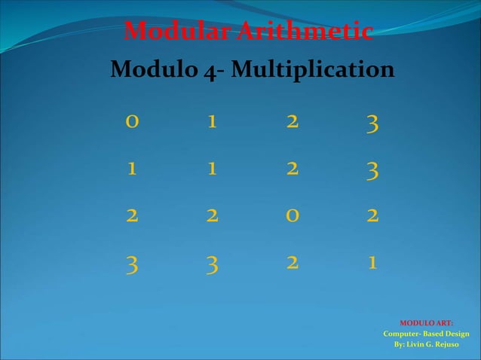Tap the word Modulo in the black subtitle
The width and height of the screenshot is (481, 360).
pos(154,71)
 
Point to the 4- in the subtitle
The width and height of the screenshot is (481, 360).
pos(214,72)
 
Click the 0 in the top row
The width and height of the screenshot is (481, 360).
pos(133,123)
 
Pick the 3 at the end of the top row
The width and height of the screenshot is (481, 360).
pos(370,124)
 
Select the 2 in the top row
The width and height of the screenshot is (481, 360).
pos(291,123)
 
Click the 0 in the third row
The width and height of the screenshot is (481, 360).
pos(291,216)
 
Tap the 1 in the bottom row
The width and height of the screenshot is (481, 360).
pos(370,263)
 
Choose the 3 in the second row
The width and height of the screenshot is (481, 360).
pos(370,172)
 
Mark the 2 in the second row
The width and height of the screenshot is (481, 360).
pos(291,169)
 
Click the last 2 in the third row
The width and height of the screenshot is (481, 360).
pos(370,216)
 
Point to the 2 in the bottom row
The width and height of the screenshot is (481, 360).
pos(291,263)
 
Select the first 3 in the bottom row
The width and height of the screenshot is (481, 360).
pos(133,265)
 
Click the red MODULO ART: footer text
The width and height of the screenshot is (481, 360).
pos(426,323)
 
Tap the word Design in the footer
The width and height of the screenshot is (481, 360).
pos(455,334)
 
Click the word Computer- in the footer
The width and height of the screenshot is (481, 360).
pos(401,334)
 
